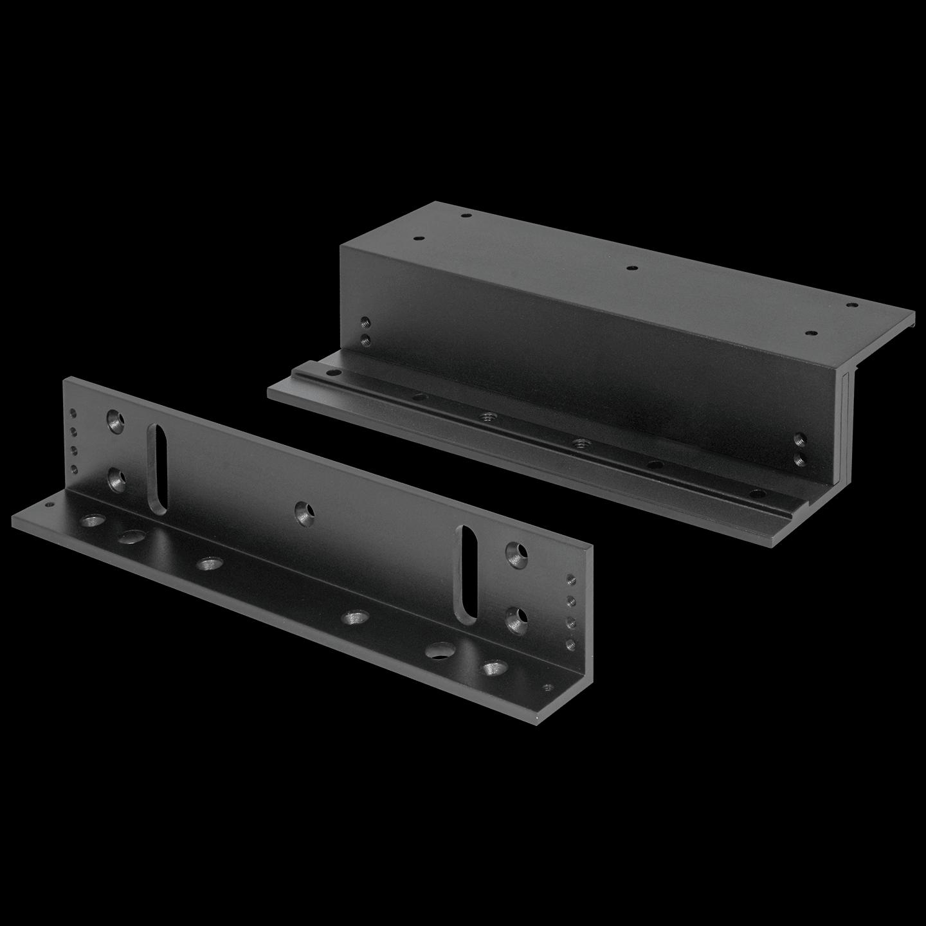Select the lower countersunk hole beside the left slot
point(117,479)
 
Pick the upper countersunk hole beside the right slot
point(516,554)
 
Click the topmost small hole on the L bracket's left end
point(73,413)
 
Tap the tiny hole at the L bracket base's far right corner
point(547,687)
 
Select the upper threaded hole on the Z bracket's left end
point(365,322)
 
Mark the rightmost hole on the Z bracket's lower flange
point(759,495)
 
